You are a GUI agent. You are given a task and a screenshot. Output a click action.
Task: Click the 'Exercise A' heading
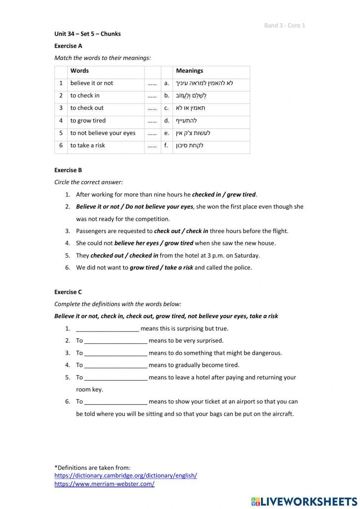[x=68, y=46]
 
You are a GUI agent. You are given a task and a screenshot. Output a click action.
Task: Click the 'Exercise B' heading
[x=68, y=170]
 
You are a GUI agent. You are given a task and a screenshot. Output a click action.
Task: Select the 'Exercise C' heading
[x=68, y=292]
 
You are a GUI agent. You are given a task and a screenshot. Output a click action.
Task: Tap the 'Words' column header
[x=80, y=71]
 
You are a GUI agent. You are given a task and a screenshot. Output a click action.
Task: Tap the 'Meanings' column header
[x=189, y=71]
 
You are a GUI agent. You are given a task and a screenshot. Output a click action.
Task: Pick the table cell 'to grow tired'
[x=88, y=121]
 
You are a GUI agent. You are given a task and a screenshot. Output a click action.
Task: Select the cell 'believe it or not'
[x=91, y=83]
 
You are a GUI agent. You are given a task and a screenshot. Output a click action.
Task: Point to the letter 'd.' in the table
[x=167, y=121]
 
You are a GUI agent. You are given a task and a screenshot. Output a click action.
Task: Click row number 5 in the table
[x=61, y=133]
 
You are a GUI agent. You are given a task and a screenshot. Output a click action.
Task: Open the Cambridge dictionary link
[x=126, y=475]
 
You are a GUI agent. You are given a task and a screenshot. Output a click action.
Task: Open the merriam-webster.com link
[x=104, y=484]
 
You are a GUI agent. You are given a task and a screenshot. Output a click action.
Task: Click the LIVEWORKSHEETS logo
[x=304, y=501]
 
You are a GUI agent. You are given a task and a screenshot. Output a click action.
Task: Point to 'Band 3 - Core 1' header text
[x=284, y=25]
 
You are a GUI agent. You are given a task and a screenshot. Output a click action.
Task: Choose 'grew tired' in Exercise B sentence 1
[x=241, y=195]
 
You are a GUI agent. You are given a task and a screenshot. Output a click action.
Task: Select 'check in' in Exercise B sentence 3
[x=197, y=231]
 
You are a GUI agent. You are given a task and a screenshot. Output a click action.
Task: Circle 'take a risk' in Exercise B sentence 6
[x=179, y=268]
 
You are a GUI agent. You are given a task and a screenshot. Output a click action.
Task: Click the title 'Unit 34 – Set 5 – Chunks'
[x=87, y=34]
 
